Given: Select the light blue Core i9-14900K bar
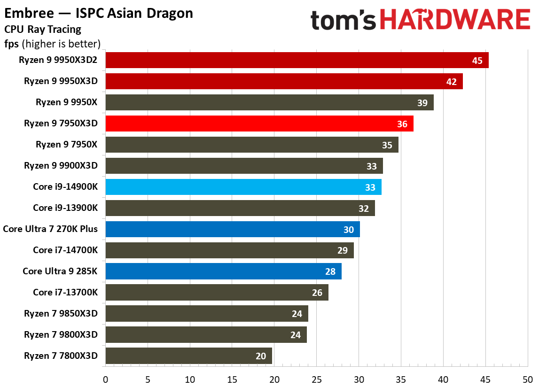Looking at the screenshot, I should [x=243, y=187].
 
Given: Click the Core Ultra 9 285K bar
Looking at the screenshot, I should [x=224, y=271].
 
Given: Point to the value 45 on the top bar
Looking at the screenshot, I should [x=477, y=61].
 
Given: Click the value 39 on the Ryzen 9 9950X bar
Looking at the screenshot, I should [x=422, y=103].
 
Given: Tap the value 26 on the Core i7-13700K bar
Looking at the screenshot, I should [x=317, y=293].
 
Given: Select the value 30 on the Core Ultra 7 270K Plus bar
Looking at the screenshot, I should [x=349, y=230].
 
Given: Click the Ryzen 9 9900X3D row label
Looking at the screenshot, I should [x=61, y=166].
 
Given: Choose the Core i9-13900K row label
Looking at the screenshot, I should [x=65, y=208].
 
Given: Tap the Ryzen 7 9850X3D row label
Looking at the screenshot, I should [x=61, y=314].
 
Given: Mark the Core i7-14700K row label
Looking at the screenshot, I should [x=65, y=250].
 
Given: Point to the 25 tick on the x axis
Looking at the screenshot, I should [x=317, y=379].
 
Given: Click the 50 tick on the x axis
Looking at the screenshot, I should [x=528, y=379].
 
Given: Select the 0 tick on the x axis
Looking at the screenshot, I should [x=106, y=379].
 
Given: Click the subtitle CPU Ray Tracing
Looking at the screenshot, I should [x=43, y=30].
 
